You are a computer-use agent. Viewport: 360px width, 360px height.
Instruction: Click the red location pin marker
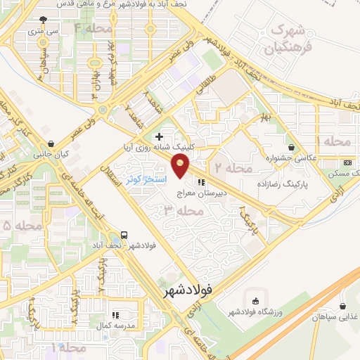point(181,166)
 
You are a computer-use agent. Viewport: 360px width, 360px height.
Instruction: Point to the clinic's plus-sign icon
point(159,136)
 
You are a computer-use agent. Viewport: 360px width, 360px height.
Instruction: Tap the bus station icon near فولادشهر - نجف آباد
point(124,235)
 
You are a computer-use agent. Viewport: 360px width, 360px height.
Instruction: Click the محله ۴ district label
point(94,29)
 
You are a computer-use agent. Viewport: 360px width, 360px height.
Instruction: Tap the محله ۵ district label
point(23,225)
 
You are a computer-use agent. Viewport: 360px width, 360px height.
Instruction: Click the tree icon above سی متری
point(44,20)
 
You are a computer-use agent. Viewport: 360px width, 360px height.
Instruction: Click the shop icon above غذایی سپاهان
point(342,306)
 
